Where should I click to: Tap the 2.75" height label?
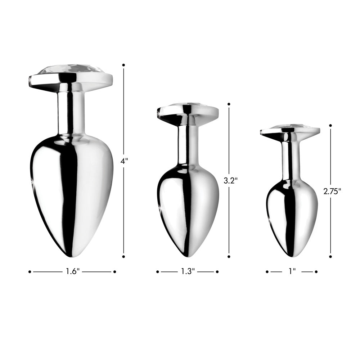pos(332,192)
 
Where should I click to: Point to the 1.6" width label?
pos(72,272)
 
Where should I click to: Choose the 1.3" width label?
pos(188,272)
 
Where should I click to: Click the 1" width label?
pos(292,272)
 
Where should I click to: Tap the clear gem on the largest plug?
pos(71,69)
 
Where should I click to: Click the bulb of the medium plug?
pos(188,209)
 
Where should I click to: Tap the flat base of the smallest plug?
pos(290,132)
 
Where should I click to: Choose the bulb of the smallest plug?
pos(292,216)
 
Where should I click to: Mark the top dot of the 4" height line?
pos(123,65)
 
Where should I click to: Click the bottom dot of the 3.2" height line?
pos(229,257)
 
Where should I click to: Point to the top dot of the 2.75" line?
pos(330,126)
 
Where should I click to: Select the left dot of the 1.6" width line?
pos(30,272)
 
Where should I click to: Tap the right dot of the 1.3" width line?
pos(217,272)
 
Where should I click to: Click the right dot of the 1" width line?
pos(316,272)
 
